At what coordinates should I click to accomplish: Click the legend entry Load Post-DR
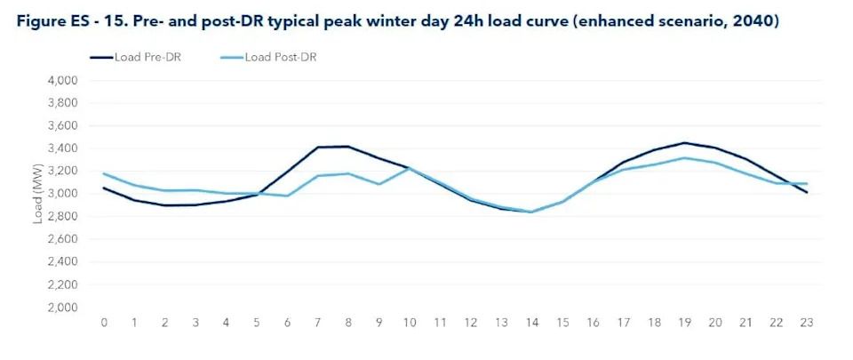click(x=281, y=58)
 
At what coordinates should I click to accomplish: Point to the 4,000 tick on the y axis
click(x=61, y=81)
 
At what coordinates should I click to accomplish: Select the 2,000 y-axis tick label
click(x=61, y=308)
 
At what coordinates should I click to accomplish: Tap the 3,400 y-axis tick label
click(x=61, y=148)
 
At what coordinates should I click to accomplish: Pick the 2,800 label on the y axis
click(x=61, y=217)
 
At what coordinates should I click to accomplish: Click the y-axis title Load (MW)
click(x=38, y=193)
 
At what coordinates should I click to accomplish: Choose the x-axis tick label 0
click(x=105, y=323)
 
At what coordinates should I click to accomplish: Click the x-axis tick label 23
click(x=807, y=323)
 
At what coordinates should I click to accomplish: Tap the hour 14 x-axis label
click(x=532, y=323)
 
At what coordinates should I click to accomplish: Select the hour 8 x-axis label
click(x=349, y=323)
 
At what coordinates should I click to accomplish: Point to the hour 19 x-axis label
click(x=685, y=323)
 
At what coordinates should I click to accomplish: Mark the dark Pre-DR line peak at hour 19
click(x=685, y=143)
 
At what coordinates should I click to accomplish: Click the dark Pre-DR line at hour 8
click(x=349, y=147)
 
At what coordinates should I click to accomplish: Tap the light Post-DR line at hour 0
click(x=105, y=173)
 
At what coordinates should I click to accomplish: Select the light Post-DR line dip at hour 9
click(x=379, y=184)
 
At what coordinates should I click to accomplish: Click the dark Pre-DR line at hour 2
click(x=166, y=205)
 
